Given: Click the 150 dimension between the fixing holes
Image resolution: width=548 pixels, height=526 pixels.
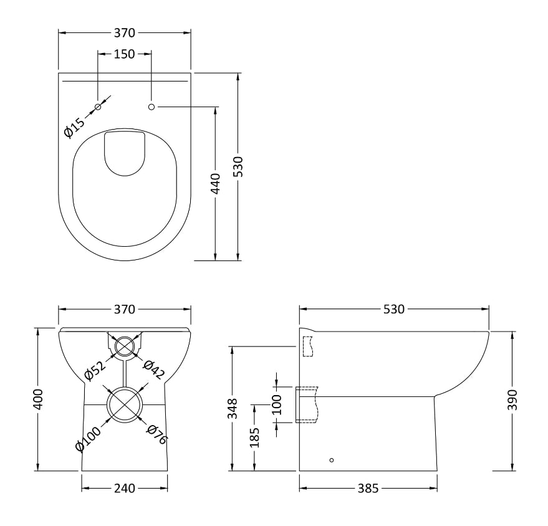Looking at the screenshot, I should [125, 54].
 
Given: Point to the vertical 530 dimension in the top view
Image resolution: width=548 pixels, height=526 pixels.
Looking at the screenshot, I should [238, 167].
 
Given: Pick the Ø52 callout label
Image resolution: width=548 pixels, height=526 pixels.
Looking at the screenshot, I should [94, 370].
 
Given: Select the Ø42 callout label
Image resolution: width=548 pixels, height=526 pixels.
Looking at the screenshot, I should [153, 369].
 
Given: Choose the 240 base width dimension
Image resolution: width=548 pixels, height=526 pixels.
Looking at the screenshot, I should [125, 489].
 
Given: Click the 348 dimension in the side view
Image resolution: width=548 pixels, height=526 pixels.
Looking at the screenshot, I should [232, 409].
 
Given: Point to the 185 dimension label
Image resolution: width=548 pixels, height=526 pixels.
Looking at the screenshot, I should [254, 437].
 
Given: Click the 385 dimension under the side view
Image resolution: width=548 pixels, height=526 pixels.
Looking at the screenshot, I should [368, 489].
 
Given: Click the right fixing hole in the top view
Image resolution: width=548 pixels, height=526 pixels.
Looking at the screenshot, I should [151, 107].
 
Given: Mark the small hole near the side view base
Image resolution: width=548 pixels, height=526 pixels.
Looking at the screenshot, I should [331, 460].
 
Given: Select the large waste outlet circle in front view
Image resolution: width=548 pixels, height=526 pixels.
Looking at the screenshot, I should [125, 404].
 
